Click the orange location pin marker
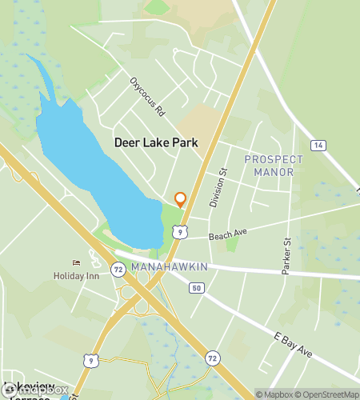tap(180, 199)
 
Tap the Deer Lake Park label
tap(155, 142)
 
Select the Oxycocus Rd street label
tap(148, 97)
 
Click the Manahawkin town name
tap(170, 266)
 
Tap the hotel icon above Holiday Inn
tap(76, 262)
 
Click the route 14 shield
tap(318, 146)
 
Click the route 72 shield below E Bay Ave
tap(211, 357)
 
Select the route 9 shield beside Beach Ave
tap(181, 231)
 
